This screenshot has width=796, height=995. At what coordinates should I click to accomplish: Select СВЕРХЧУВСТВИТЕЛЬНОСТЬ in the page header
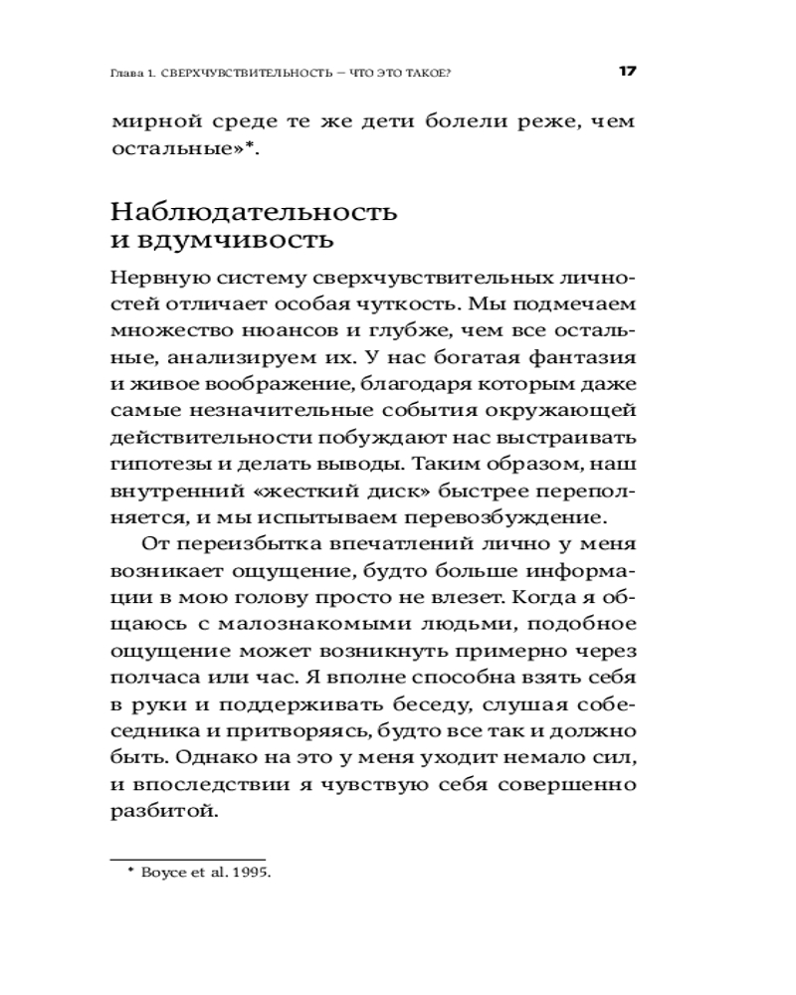coord(245,73)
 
